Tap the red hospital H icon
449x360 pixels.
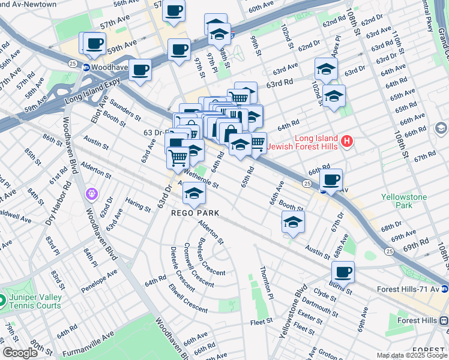346,142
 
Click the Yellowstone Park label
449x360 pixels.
403,201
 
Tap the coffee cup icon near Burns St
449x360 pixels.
343,272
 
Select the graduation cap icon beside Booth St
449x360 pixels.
293,222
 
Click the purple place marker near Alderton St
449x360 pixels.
91,193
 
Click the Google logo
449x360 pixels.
20,353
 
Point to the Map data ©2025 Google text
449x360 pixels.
411,356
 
